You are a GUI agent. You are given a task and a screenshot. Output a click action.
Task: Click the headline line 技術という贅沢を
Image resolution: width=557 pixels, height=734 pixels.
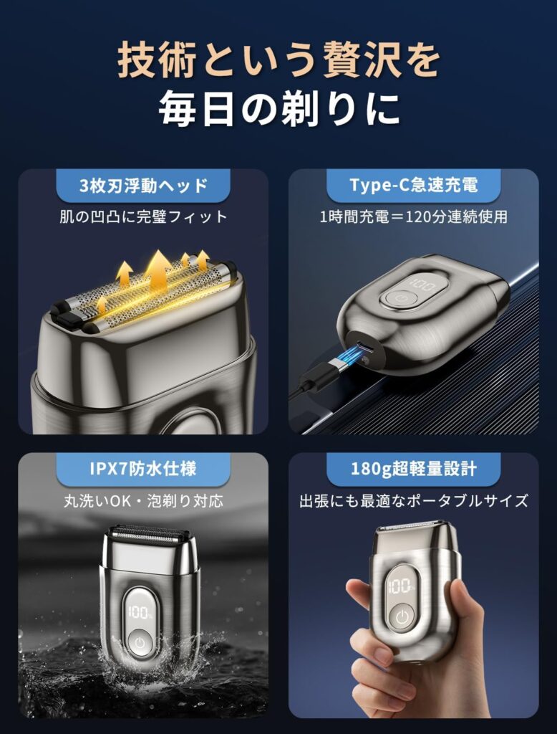coord(278,59)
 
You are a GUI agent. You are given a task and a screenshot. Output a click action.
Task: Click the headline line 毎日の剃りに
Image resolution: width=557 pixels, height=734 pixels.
coord(279,109)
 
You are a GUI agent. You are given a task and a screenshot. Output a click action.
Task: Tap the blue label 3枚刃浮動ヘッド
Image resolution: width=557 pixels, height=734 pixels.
coord(143,186)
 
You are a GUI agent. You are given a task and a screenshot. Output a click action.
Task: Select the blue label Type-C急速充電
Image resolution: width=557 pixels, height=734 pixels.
coord(413,186)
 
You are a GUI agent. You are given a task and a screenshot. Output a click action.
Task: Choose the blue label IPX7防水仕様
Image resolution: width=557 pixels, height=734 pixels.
coord(143,469)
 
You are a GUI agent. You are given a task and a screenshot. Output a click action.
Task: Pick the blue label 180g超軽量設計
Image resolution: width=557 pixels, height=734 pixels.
coord(413,469)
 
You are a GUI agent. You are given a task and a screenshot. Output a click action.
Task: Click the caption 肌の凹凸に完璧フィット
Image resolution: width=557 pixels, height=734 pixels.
coord(143,216)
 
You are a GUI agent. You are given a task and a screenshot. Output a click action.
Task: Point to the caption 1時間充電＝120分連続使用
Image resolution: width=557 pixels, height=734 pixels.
coord(413,216)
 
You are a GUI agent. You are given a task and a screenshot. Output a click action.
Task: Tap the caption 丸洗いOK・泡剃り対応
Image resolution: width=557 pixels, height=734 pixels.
coord(143,501)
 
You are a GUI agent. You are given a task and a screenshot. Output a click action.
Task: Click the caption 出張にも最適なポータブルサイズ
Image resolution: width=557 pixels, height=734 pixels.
coord(413,501)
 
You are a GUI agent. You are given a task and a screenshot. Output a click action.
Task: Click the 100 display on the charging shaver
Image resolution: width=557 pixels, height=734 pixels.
coord(422,283)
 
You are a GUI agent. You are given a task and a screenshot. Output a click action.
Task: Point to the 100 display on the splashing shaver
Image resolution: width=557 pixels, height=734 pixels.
coord(140,612)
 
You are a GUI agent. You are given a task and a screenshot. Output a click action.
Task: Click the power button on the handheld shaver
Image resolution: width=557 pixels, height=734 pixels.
coord(402,617)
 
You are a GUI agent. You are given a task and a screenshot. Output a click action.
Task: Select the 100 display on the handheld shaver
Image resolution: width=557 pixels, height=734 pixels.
coord(400,586)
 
